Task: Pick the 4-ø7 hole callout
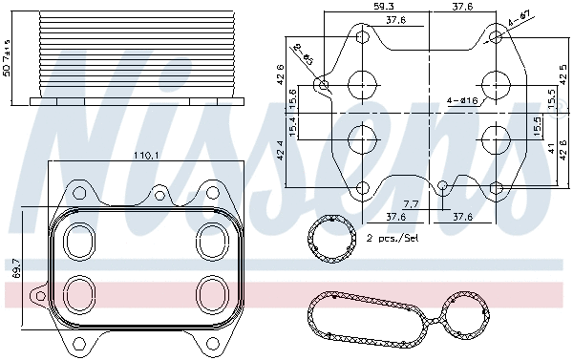pos(520,18)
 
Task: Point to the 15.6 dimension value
pos(293,96)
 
